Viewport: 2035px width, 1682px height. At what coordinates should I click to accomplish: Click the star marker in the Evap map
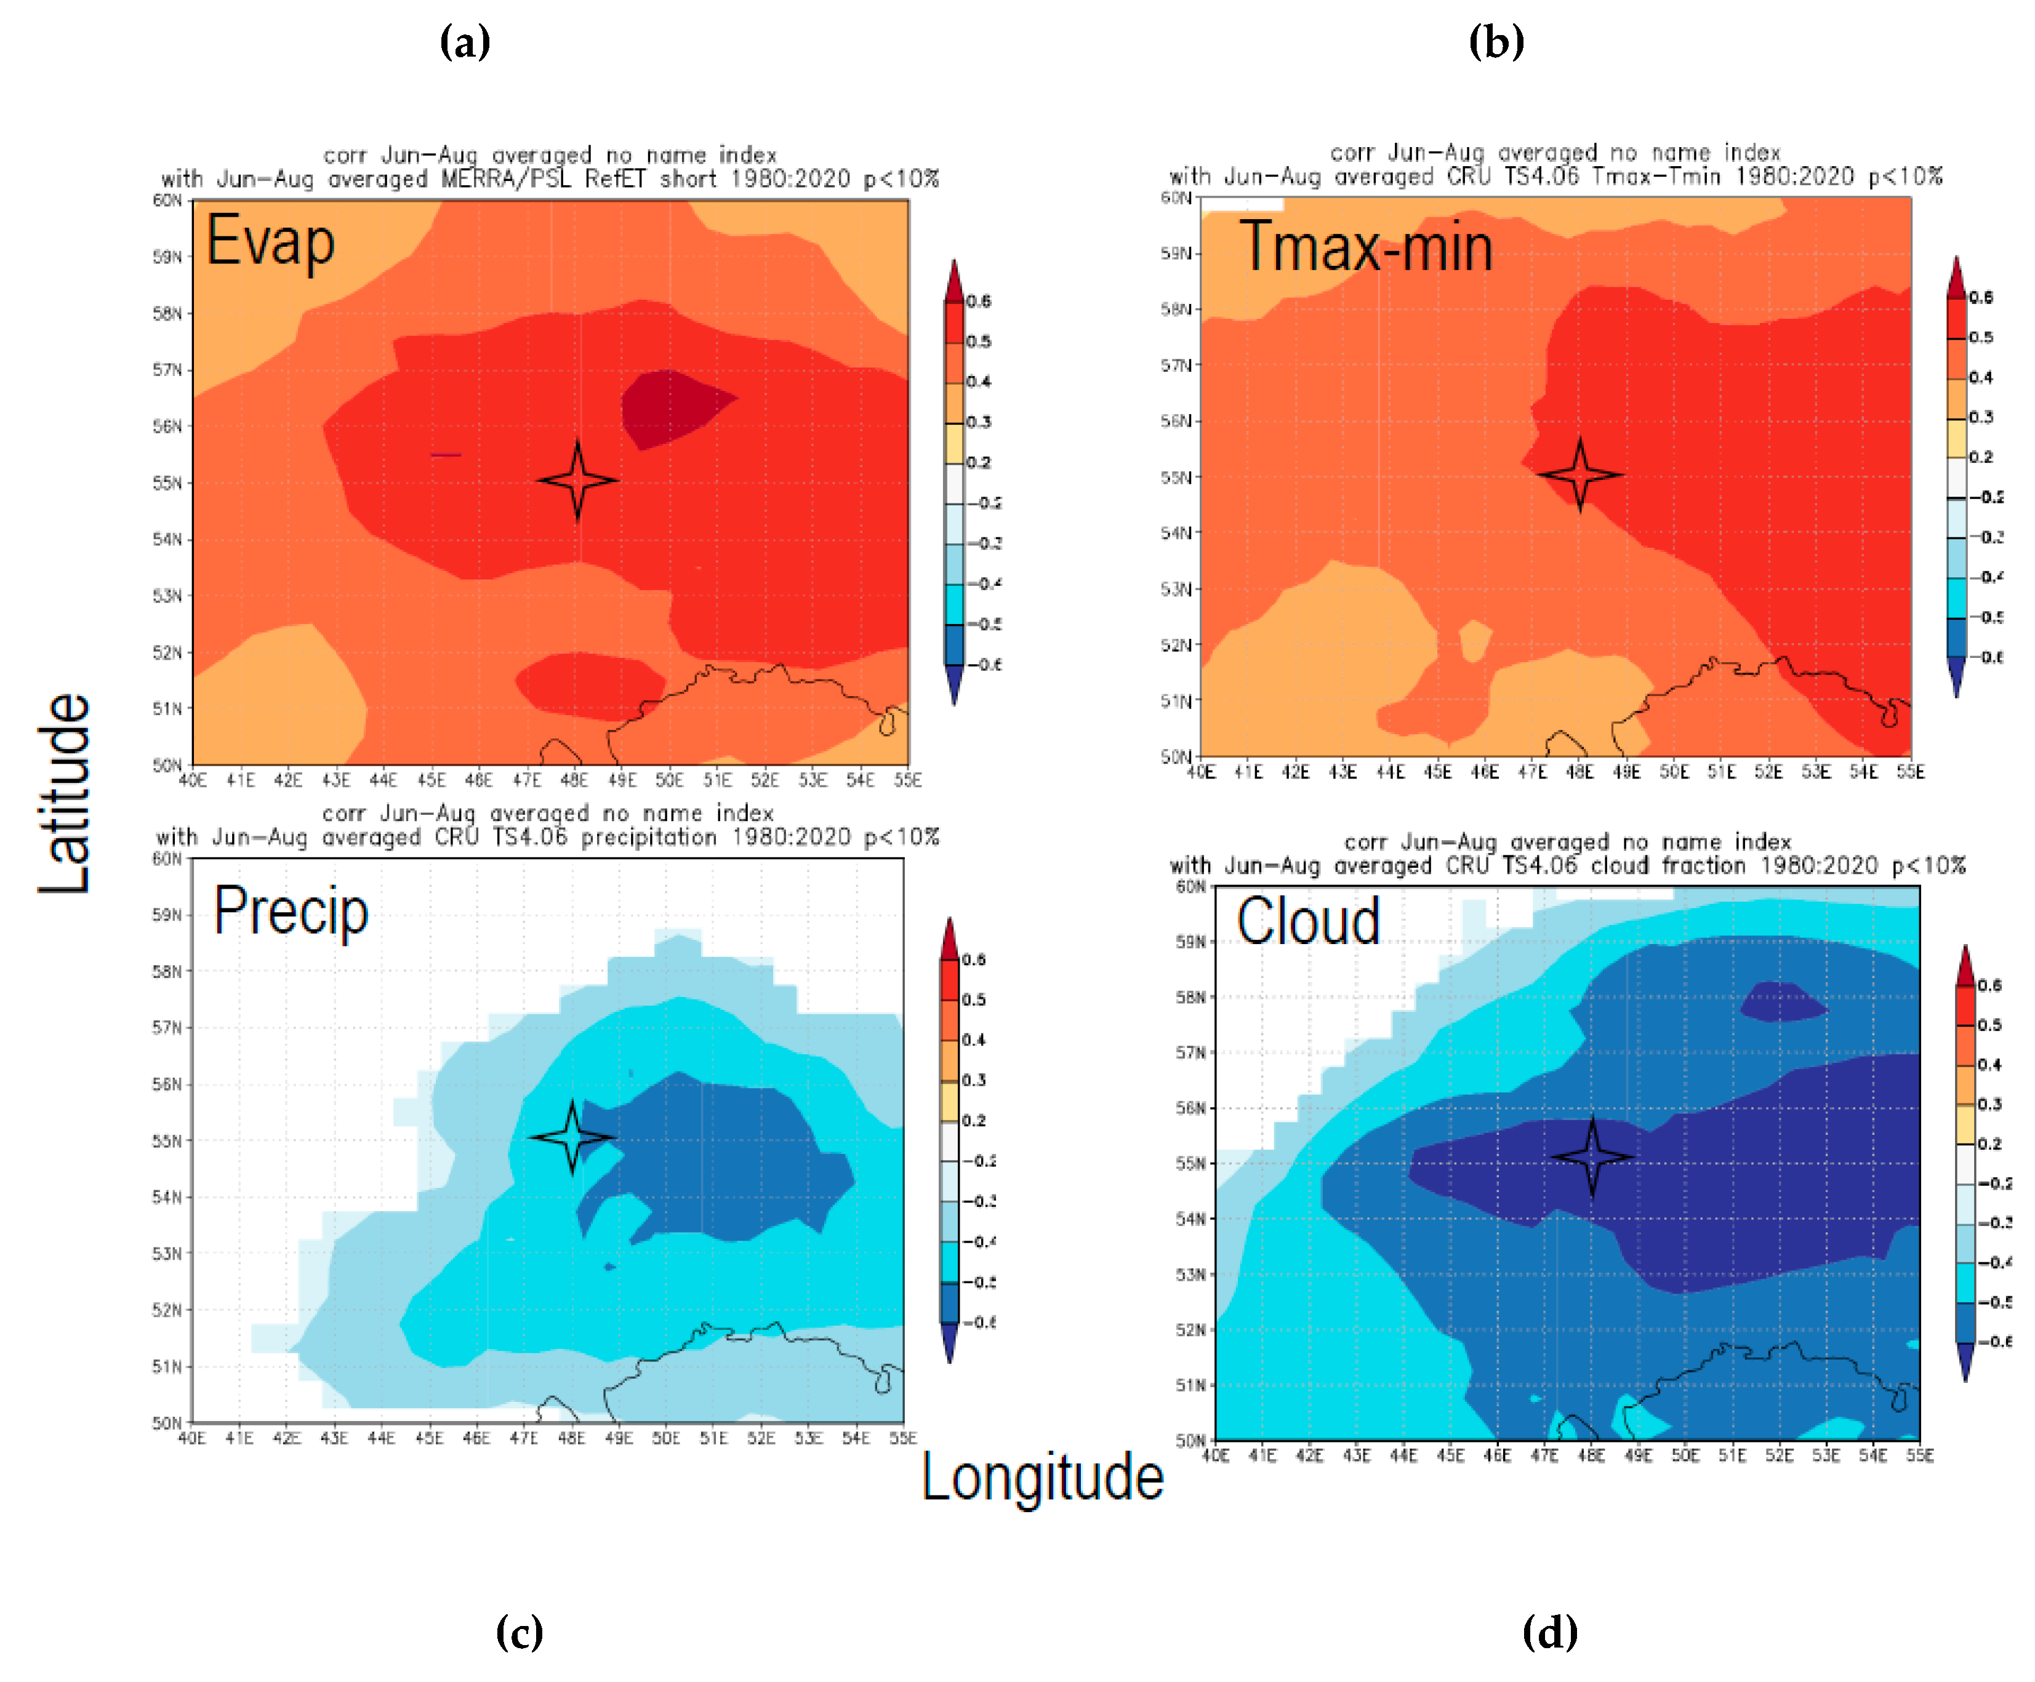(577, 479)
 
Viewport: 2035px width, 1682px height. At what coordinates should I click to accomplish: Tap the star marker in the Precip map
(572, 1137)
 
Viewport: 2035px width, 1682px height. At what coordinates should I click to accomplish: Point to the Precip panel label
(291, 911)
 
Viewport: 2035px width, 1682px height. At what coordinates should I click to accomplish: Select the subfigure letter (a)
(465, 42)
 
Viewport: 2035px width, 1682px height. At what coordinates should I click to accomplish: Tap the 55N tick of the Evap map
(167, 483)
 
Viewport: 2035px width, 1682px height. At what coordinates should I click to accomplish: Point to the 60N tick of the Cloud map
(1189, 886)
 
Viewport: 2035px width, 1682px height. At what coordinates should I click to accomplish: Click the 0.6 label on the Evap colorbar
(979, 302)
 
